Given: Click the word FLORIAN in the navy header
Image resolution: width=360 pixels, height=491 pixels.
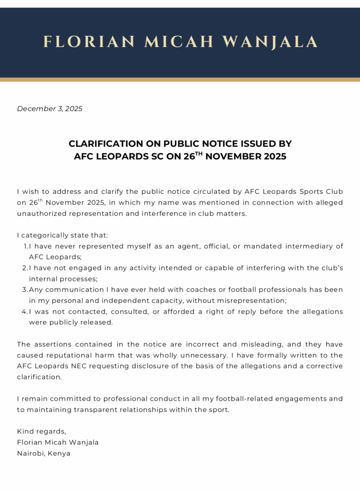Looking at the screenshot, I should (89, 42).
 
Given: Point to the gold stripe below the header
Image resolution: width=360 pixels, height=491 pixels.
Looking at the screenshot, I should (180, 79).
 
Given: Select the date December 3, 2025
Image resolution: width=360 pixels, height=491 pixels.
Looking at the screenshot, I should (50, 109).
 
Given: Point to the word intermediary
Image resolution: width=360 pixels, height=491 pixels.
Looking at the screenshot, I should (314, 246).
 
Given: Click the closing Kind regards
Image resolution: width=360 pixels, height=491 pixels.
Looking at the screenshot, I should (42, 432).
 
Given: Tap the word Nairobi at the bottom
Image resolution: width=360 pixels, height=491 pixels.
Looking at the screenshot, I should (31, 454).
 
